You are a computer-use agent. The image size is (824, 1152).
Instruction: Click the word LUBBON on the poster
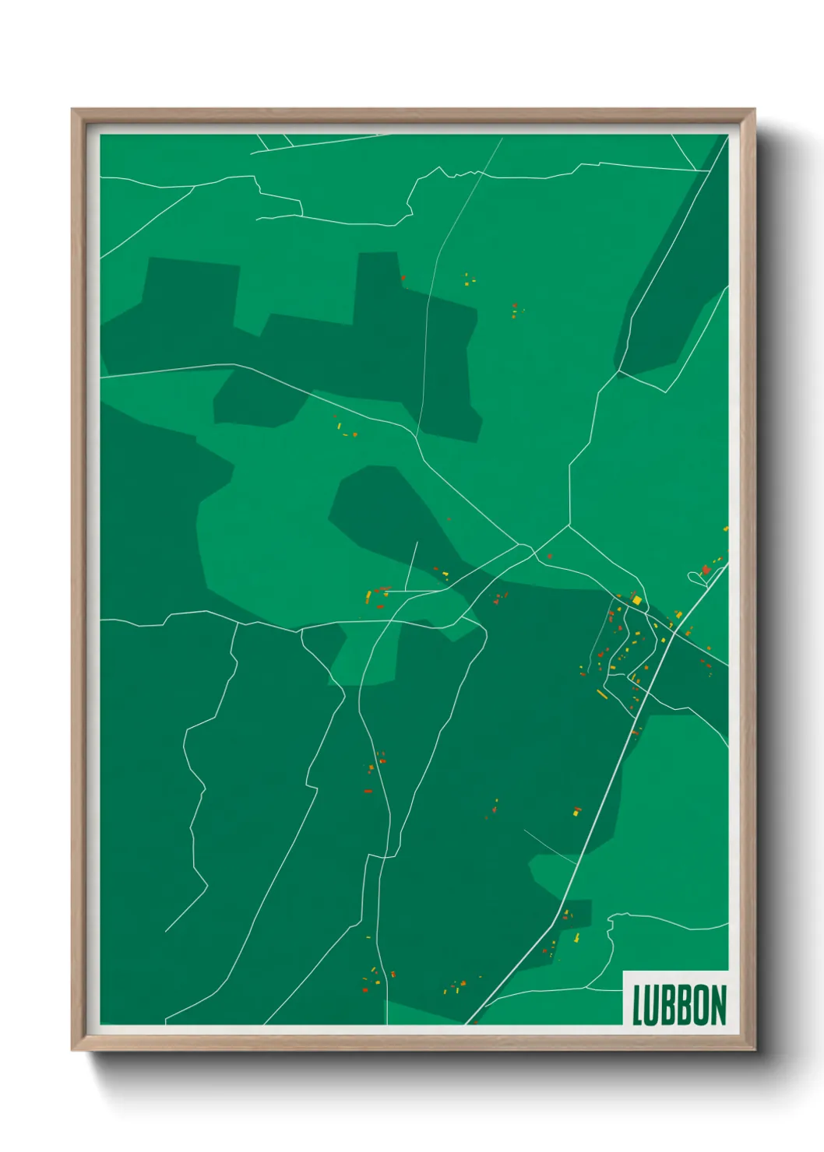[679, 1004]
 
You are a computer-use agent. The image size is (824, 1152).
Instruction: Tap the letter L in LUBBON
[637, 1005]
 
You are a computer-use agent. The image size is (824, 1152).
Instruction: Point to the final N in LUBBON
[719, 1005]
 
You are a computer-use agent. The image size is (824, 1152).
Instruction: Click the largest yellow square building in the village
[636, 600]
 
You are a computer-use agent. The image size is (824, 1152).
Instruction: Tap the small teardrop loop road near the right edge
[693, 577]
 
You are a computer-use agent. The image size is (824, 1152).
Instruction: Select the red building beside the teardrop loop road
[706, 570]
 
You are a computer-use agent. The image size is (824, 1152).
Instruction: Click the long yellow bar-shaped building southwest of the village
[602, 694]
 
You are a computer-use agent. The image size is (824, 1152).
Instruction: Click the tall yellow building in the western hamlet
[368, 596]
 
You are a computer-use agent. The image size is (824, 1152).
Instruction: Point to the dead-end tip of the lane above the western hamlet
[417, 543]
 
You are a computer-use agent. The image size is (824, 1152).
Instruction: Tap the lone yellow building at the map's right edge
[726, 529]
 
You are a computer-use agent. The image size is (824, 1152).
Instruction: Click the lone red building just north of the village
[550, 556]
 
